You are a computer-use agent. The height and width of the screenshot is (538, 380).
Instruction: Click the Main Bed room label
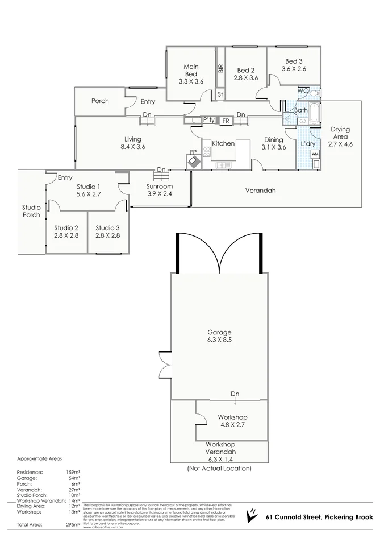pos(191,71)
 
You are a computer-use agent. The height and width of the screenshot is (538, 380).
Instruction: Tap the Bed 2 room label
pos(246,70)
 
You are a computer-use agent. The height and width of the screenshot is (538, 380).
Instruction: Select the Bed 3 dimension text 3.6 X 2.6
pos(294,69)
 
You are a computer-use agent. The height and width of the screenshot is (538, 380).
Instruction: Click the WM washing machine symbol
pos(315,154)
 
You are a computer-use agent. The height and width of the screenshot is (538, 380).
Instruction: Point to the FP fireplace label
pos(193,152)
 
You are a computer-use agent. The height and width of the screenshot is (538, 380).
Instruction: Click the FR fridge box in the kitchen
pos(226,121)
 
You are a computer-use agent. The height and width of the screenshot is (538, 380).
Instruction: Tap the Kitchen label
pos(223,143)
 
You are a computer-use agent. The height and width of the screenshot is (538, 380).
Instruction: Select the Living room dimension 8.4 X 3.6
pos(133,147)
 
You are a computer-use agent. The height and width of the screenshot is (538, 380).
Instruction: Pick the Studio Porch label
pos(31,211)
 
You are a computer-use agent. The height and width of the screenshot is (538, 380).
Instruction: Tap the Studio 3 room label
pos(107,227)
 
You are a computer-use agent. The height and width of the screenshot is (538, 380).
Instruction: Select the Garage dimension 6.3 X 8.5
pos(219,340)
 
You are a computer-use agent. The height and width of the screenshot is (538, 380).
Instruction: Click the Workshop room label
pos(231,417)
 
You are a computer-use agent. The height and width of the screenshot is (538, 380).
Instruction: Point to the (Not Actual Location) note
pos(219,469)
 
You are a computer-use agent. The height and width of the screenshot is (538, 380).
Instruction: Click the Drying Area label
pos(340,133)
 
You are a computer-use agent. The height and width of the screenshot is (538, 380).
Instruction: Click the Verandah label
pos(260,191)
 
